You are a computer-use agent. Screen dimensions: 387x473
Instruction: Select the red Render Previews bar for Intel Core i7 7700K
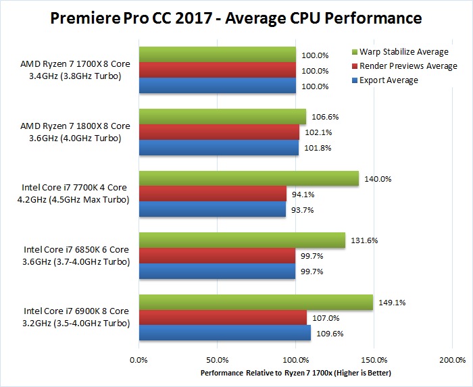pos(212,194)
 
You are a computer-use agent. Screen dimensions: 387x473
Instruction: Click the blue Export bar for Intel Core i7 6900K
pos(224,333)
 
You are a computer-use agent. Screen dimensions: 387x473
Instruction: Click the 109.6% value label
pos(331,333)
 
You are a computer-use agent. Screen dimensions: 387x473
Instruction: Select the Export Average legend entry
pos(389,80)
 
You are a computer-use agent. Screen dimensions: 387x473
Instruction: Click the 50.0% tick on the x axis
pos(217,360)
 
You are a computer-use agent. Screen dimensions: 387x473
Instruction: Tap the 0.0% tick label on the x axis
pos(139,360)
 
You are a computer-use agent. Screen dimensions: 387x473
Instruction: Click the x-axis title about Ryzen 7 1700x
pos(296,373)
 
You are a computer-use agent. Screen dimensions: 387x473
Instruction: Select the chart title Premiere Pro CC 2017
pos(236,18)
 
